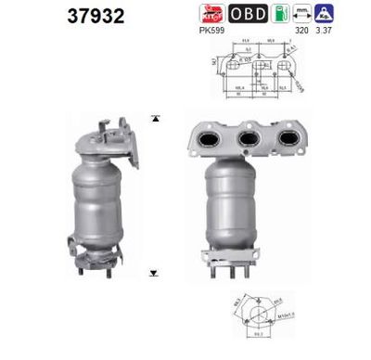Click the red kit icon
[x=212, y=13]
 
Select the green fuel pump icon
[x=277, y=13]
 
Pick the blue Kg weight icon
[x=325, y=13]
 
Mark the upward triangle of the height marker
[x=155, y=120]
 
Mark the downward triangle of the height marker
[x=155, y=274]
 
